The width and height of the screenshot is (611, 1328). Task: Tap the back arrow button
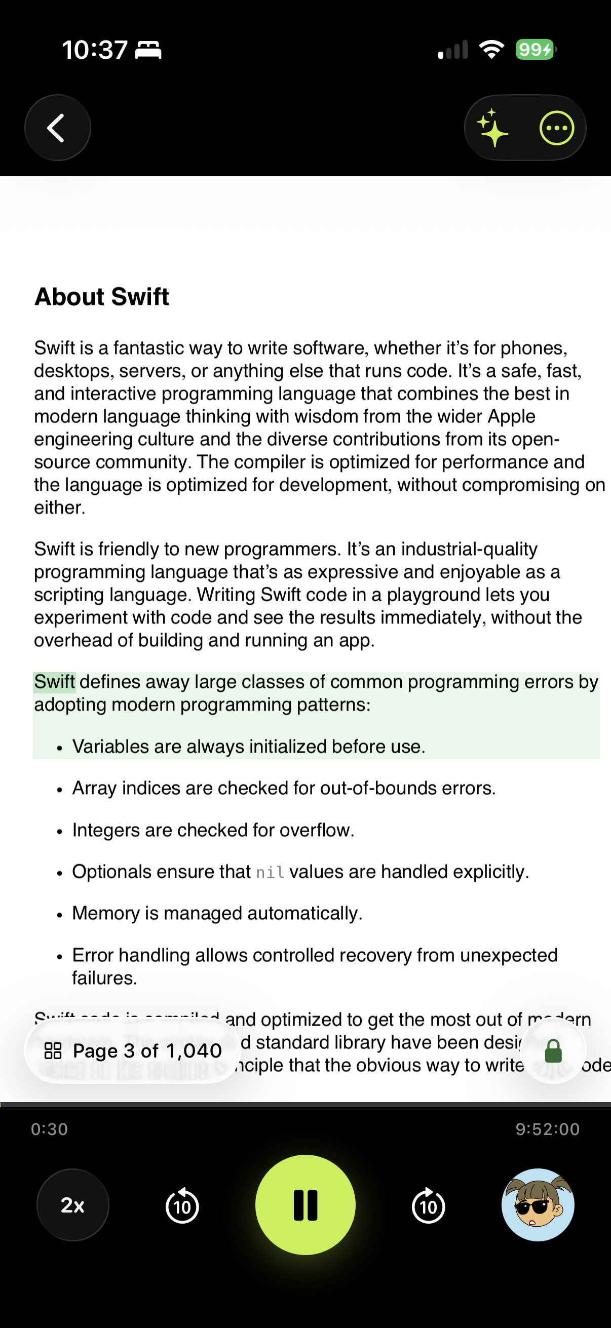pos(57,128)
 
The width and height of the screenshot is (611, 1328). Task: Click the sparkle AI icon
pos(492,128)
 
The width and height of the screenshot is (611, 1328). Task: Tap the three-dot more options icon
pos(556,128)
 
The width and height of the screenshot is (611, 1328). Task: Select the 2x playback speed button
pos(72,1205)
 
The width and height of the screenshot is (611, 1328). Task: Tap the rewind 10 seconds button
pos(182,1206)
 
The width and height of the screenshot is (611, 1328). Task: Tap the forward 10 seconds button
pos(428,1206)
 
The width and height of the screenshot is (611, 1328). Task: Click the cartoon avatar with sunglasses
pos(538,1205)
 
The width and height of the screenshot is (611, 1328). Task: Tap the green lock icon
pos(553,1050)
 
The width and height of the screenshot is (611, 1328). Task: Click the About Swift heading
pos(101,297)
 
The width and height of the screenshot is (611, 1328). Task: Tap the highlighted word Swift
pos(55,682)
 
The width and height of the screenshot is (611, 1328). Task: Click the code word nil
pos(270,872)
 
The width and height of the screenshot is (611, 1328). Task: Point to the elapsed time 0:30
pos(50,1129)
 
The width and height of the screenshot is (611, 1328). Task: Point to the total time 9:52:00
pos(548,1129)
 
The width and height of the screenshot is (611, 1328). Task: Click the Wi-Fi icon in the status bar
pos(491,50)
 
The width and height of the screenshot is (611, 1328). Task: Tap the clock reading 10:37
pos(94,50)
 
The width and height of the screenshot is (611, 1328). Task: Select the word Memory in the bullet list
pos(106,914)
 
